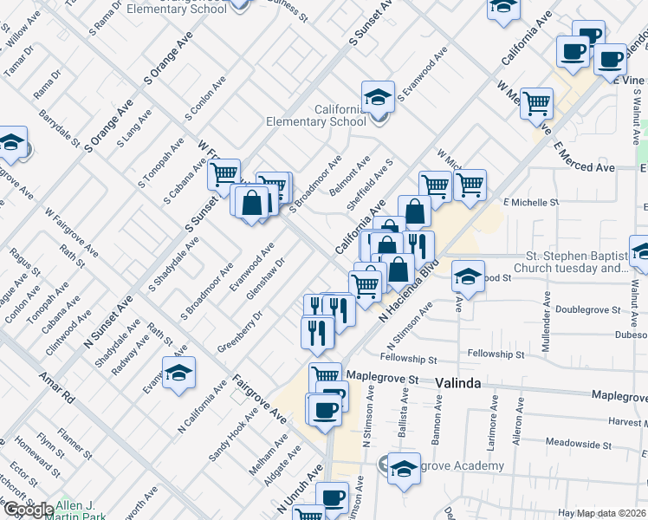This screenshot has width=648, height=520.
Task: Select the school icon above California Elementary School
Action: pyautogui.click(x=378, y=96)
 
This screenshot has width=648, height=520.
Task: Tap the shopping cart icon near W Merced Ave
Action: pyautogui.click(x=536, y=103)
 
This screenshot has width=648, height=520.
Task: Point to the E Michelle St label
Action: pyautogui.click(x=532, y=202)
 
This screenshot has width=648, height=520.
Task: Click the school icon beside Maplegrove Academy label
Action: pyautogui.click(x=404, y=468)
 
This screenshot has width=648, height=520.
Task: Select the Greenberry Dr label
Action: pyautogui.click(x=240, y=326)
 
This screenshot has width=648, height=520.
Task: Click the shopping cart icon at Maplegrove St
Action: pyautogui.click(x=325, y=377)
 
